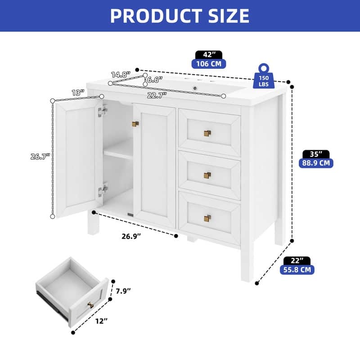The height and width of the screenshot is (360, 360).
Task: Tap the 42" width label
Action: [209, 55]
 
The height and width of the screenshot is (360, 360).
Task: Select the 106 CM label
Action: [209, 64]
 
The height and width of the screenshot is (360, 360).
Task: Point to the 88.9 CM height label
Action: [316, 163]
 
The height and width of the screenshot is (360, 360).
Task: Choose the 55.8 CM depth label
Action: [297, 270]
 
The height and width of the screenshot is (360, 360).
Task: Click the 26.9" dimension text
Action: [131, 236]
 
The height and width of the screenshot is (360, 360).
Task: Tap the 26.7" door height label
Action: [40, 157]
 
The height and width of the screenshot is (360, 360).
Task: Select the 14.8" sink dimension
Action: [121, 75]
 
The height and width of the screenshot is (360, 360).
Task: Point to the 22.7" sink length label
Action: [157, 95]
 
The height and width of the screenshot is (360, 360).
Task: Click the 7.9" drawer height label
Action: [123, 291]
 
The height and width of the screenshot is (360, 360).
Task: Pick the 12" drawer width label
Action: [101, 321]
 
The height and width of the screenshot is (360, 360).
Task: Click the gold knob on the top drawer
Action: [207, 133]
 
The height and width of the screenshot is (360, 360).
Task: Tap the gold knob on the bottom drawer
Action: [207, 218]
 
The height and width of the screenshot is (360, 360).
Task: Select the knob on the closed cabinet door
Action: [135, 124]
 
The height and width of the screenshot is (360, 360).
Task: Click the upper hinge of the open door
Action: [103, 111]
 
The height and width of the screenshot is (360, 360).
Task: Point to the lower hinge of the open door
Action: [103, 189]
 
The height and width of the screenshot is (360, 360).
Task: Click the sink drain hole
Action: [195, 88]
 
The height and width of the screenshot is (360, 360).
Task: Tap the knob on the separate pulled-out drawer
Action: [90, 305]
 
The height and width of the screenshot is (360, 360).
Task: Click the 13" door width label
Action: [78, 93]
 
